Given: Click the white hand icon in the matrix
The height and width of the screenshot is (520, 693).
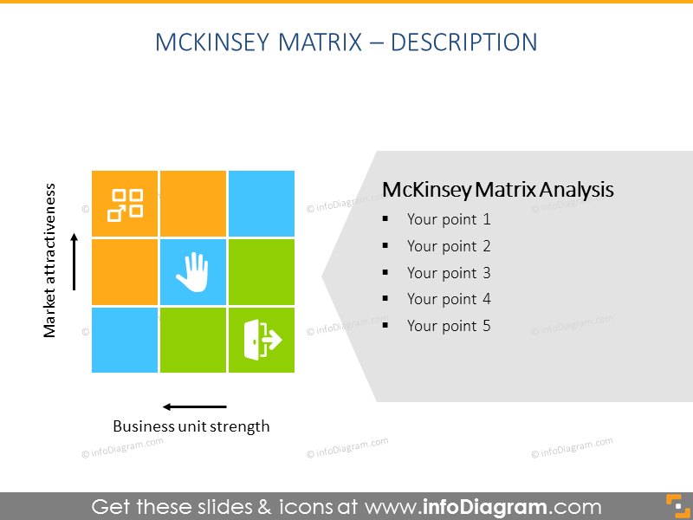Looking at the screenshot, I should tap(192, 271).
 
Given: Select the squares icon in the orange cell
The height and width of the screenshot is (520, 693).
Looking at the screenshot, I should tap(125, 205).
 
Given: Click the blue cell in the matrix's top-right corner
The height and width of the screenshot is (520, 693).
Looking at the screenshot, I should tap(261, 203).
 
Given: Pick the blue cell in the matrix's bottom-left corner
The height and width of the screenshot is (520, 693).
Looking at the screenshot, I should tap(125, 340).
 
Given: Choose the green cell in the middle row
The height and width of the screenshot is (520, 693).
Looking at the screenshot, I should tap(261, 271).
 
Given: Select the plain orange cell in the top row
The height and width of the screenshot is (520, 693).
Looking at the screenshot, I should tap(192, 203).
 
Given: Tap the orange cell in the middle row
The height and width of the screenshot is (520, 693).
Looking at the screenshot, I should tap(125, 271).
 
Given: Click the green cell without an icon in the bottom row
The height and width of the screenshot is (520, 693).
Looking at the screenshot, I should tap(192, 340).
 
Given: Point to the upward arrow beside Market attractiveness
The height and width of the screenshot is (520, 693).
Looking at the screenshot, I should tap(75, 261).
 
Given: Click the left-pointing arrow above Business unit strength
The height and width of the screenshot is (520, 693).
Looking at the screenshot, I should tap(195, 406).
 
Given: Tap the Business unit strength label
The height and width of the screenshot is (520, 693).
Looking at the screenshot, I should tap(191, 426).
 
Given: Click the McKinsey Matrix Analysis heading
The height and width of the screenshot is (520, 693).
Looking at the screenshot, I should tap(497, 190).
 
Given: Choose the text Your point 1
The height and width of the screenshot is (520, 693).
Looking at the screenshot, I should tap(449, 220).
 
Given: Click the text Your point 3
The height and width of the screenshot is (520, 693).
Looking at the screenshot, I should tap(449, 273).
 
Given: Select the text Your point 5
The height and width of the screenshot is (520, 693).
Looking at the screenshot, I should tap(449, 327).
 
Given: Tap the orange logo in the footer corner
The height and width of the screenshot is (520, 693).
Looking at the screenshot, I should tap(674, 505).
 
